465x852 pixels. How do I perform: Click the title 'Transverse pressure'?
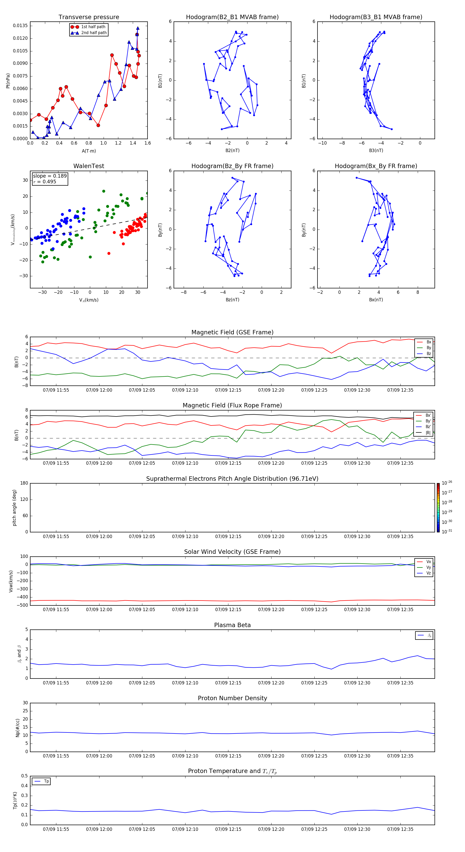[89, 17]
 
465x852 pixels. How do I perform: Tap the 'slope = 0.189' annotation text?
[50, 176]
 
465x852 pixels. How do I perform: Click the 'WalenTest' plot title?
[89, 166]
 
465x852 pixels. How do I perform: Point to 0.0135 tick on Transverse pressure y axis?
[20, 26]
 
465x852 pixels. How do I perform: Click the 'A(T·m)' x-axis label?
[89, 151]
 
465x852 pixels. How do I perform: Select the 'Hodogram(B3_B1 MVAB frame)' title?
[376, 17]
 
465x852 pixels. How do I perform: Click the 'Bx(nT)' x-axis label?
[376, 300]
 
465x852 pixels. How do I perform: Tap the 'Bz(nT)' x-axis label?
[232, 300]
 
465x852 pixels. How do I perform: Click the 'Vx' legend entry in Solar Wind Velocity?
[428, 562]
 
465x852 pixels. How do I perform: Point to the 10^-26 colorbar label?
[447, 483]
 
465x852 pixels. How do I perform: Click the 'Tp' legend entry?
[46, 781]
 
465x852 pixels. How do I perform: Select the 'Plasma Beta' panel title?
[232, 625]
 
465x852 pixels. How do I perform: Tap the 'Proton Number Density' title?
[232, 698]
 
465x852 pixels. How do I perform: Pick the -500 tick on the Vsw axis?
[23, 605]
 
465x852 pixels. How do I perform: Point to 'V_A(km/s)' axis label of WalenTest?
[89, 300]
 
